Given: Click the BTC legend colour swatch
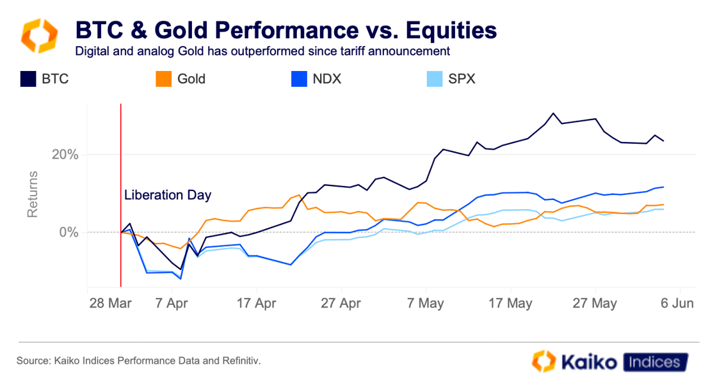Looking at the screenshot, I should pos(29,79).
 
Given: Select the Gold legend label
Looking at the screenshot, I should pos(191,79).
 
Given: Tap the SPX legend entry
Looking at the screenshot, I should pos(462,79).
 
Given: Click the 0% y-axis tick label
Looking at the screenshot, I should pos(68,232).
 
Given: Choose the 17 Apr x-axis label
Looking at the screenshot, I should pos(255,304).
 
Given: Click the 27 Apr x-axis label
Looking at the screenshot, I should pos(341,304).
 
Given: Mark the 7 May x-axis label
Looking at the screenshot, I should pos(426,304).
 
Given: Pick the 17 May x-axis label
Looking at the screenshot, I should pos(510,304).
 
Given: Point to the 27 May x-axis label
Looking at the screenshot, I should pos(595,304).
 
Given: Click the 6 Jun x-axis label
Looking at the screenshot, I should pos(677,304).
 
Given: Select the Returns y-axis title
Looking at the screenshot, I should pos(33,194).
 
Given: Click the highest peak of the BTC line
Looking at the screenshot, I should pos(554,113).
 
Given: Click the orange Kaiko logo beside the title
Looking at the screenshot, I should pos(40,36).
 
